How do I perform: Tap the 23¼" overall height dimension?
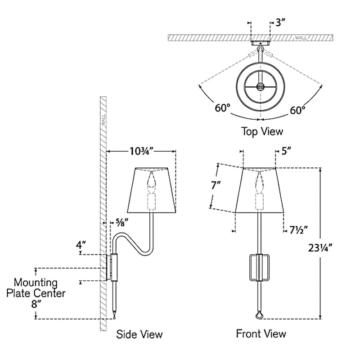pos(333,247)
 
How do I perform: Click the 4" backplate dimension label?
pos(81,246)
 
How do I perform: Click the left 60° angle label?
pos(222,108)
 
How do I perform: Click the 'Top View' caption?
pos(262,131)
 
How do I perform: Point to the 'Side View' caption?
pos(139,334)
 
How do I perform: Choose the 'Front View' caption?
pos(261,333)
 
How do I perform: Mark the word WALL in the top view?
pos(301,38)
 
